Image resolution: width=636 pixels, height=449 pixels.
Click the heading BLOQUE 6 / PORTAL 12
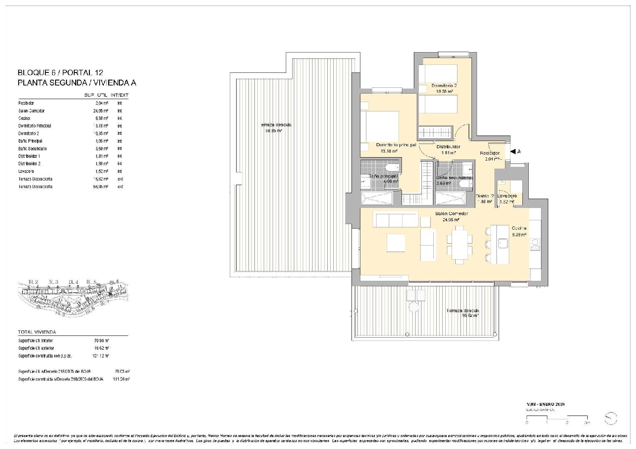[x=60, y=73]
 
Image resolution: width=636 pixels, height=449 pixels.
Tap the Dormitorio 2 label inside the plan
[x=444, y=86]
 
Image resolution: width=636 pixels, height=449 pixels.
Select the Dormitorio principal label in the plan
[x=396, y=145]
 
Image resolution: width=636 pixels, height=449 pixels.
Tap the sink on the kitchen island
[x=503, y=243]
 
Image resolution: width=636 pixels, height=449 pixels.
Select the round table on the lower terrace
[x=413, y=307]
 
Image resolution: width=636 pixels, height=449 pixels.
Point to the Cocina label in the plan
[x=519, y=228]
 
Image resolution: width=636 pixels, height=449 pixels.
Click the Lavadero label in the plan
[x=507, y=196]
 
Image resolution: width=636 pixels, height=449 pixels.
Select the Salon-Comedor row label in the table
[x=31, y=111]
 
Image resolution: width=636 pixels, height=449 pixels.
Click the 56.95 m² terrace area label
[x=273, y=131]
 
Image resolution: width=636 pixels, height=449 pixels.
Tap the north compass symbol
[x=611, y=418]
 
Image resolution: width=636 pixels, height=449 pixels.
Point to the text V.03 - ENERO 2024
[x=545, y=404]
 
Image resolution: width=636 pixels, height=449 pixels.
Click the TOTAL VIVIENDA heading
[x=37, y=332]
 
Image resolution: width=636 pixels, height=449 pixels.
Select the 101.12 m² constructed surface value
[x=101, y=356]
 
